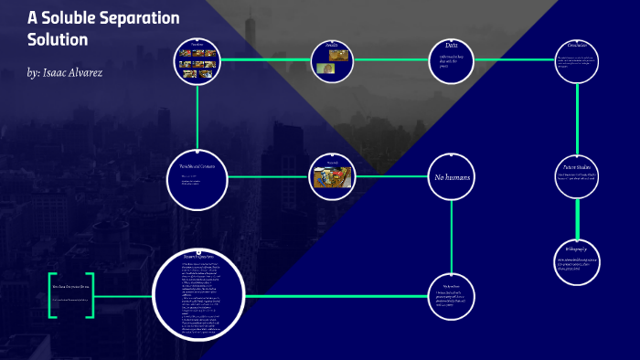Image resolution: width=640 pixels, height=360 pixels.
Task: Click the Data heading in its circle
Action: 452,45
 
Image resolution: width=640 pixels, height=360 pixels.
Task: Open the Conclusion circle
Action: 578,59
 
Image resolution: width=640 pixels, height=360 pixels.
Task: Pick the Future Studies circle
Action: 577,176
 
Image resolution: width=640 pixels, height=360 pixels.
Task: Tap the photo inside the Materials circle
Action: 332,174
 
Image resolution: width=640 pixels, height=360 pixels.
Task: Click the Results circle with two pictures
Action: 332,60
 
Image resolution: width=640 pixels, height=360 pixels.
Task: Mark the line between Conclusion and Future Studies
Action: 578,119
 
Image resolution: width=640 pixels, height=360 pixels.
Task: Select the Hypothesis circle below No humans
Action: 452,296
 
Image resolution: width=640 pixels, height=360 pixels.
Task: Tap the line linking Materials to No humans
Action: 390,176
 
